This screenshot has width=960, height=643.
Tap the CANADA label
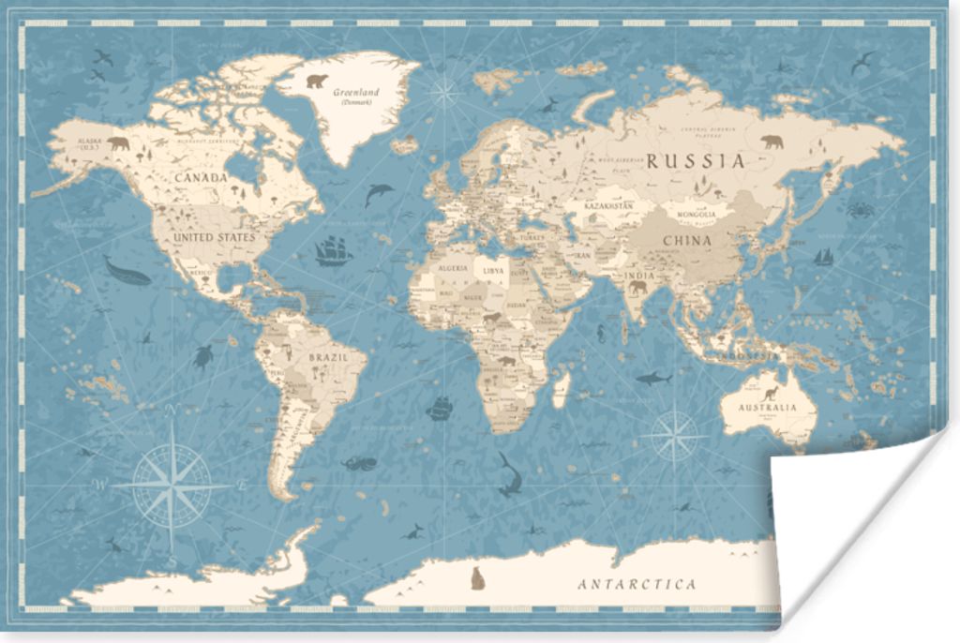coord(200,177)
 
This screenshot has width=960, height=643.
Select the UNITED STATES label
coord(214,237)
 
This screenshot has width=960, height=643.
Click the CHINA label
coord(687,240)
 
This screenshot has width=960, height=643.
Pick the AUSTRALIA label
coord(766,408)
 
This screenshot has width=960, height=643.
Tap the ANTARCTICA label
coord(637,584)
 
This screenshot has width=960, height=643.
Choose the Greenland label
coord(356,93)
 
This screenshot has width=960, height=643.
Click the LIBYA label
coord(493,270)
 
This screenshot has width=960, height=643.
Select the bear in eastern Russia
coord(772,142)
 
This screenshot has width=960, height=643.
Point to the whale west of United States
coord(127,273)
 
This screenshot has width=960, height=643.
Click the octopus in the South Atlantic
coord(359,463)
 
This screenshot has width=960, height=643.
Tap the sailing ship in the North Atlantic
coord(333,250)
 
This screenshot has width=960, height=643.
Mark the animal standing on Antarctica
coord(477,579)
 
